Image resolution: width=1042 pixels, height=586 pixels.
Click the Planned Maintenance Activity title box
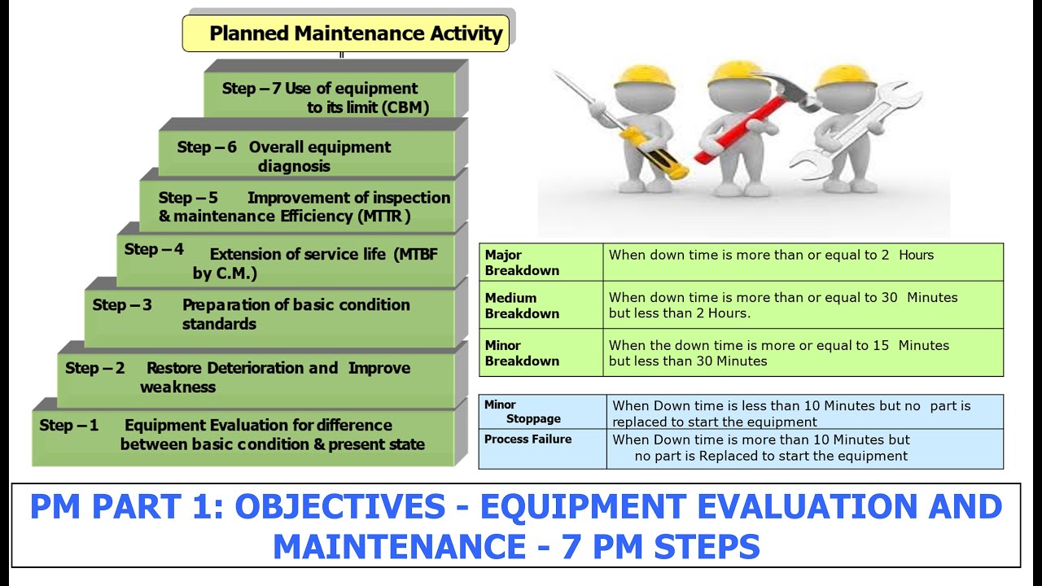(346, 33)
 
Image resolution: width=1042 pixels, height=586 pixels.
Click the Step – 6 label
(207, 147)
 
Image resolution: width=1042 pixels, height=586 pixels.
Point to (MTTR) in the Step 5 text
(383, 216)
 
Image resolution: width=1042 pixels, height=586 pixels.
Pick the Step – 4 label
(154, 250)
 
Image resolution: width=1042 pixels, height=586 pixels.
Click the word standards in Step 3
(219, 324)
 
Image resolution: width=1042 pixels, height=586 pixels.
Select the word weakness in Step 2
(177, 387)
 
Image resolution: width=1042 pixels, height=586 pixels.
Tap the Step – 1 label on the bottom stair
(68, 426)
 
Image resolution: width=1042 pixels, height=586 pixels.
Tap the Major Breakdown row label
(522, 263)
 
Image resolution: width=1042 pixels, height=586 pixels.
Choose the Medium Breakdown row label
(522, 306)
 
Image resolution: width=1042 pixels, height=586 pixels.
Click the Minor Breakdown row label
(522, 353)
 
